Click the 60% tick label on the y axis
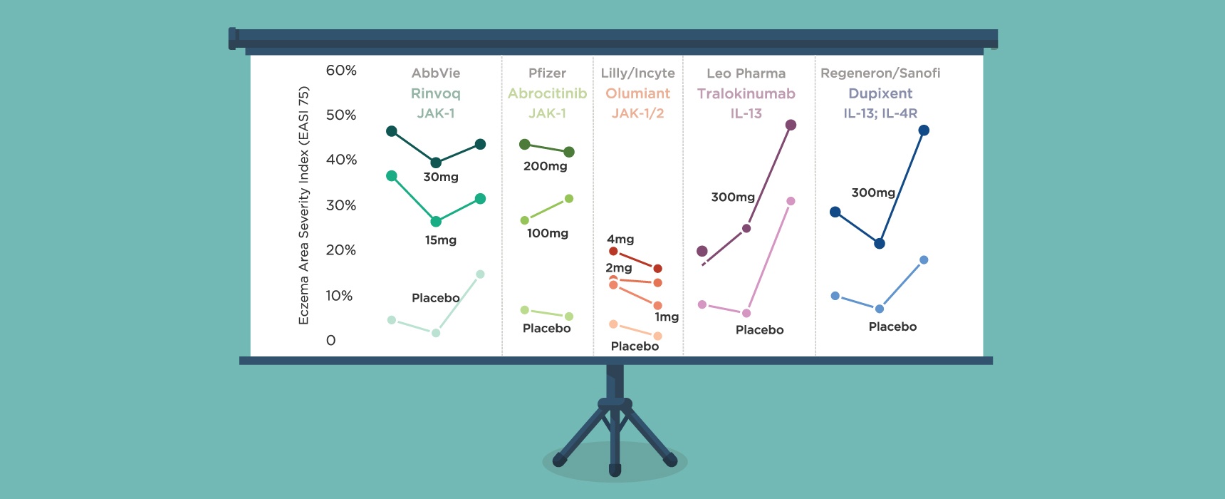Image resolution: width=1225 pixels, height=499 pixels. click(341, 70)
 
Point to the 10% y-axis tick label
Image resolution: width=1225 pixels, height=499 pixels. click(339, 295)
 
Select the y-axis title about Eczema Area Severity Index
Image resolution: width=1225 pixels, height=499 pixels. click(304, 205)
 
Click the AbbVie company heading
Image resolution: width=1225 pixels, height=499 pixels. click(436, 73)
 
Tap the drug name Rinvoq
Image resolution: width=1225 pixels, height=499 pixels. click(436, 93)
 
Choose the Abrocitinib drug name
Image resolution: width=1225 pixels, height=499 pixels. click(547, 93)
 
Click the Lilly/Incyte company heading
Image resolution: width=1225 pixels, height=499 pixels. click(637, 73)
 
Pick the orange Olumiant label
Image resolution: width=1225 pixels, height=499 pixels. click(637, 93)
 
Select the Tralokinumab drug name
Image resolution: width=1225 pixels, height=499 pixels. click(746, 93)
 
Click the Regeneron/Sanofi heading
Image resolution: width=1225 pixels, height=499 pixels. click(880, 73)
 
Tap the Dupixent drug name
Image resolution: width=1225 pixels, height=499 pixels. click(880, 93)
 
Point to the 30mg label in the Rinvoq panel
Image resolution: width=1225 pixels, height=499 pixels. click(441, 177)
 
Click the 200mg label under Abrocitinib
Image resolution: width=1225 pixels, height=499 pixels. click(546, 166)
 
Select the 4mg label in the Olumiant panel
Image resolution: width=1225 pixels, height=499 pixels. click(620, 240)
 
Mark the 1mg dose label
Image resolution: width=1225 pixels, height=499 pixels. click(667, 317)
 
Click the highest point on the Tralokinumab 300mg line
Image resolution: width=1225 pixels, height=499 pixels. click(791, 125)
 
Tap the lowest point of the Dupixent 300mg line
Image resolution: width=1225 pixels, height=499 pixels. click(880, 244)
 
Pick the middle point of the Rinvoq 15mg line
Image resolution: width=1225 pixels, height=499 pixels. click(436, 222)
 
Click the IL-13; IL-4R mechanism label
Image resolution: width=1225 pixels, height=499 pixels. click(880, 113)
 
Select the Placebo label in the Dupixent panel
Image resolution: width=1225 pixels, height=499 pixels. click(892, 326)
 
